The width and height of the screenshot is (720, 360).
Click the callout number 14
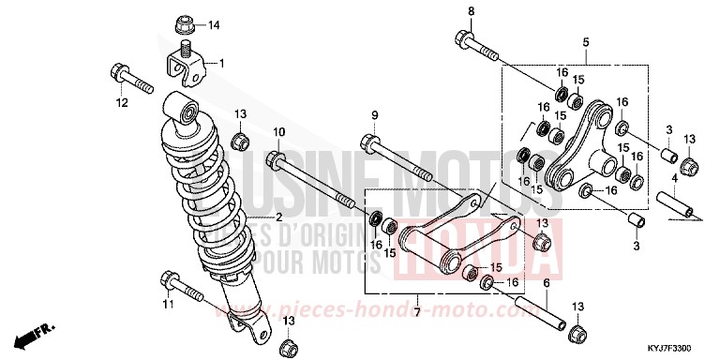212,24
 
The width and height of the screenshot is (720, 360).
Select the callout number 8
472,11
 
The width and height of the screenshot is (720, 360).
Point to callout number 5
585,42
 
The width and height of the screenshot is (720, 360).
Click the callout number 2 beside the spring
252,217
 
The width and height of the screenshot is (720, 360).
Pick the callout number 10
278,131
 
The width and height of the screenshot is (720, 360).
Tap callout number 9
374,115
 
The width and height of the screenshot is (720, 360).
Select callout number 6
547,282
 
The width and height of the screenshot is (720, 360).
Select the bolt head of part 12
119,71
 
